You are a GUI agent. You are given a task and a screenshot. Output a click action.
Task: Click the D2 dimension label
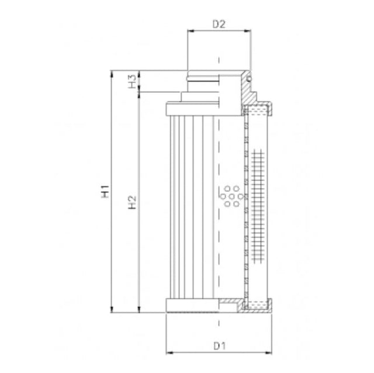pyautogui.click(x=219, y=25)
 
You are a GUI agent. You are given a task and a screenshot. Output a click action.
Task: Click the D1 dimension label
pyautogui.click(x=219, y=346)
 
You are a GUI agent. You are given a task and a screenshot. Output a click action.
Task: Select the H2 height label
pyautogui.click(x=133, y=202)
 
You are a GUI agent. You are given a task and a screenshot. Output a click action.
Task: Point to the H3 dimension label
pyautogui.click(x=133, y=81)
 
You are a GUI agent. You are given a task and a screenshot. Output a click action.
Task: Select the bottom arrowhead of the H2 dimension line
pyautogui.click(x=138, y=310)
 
